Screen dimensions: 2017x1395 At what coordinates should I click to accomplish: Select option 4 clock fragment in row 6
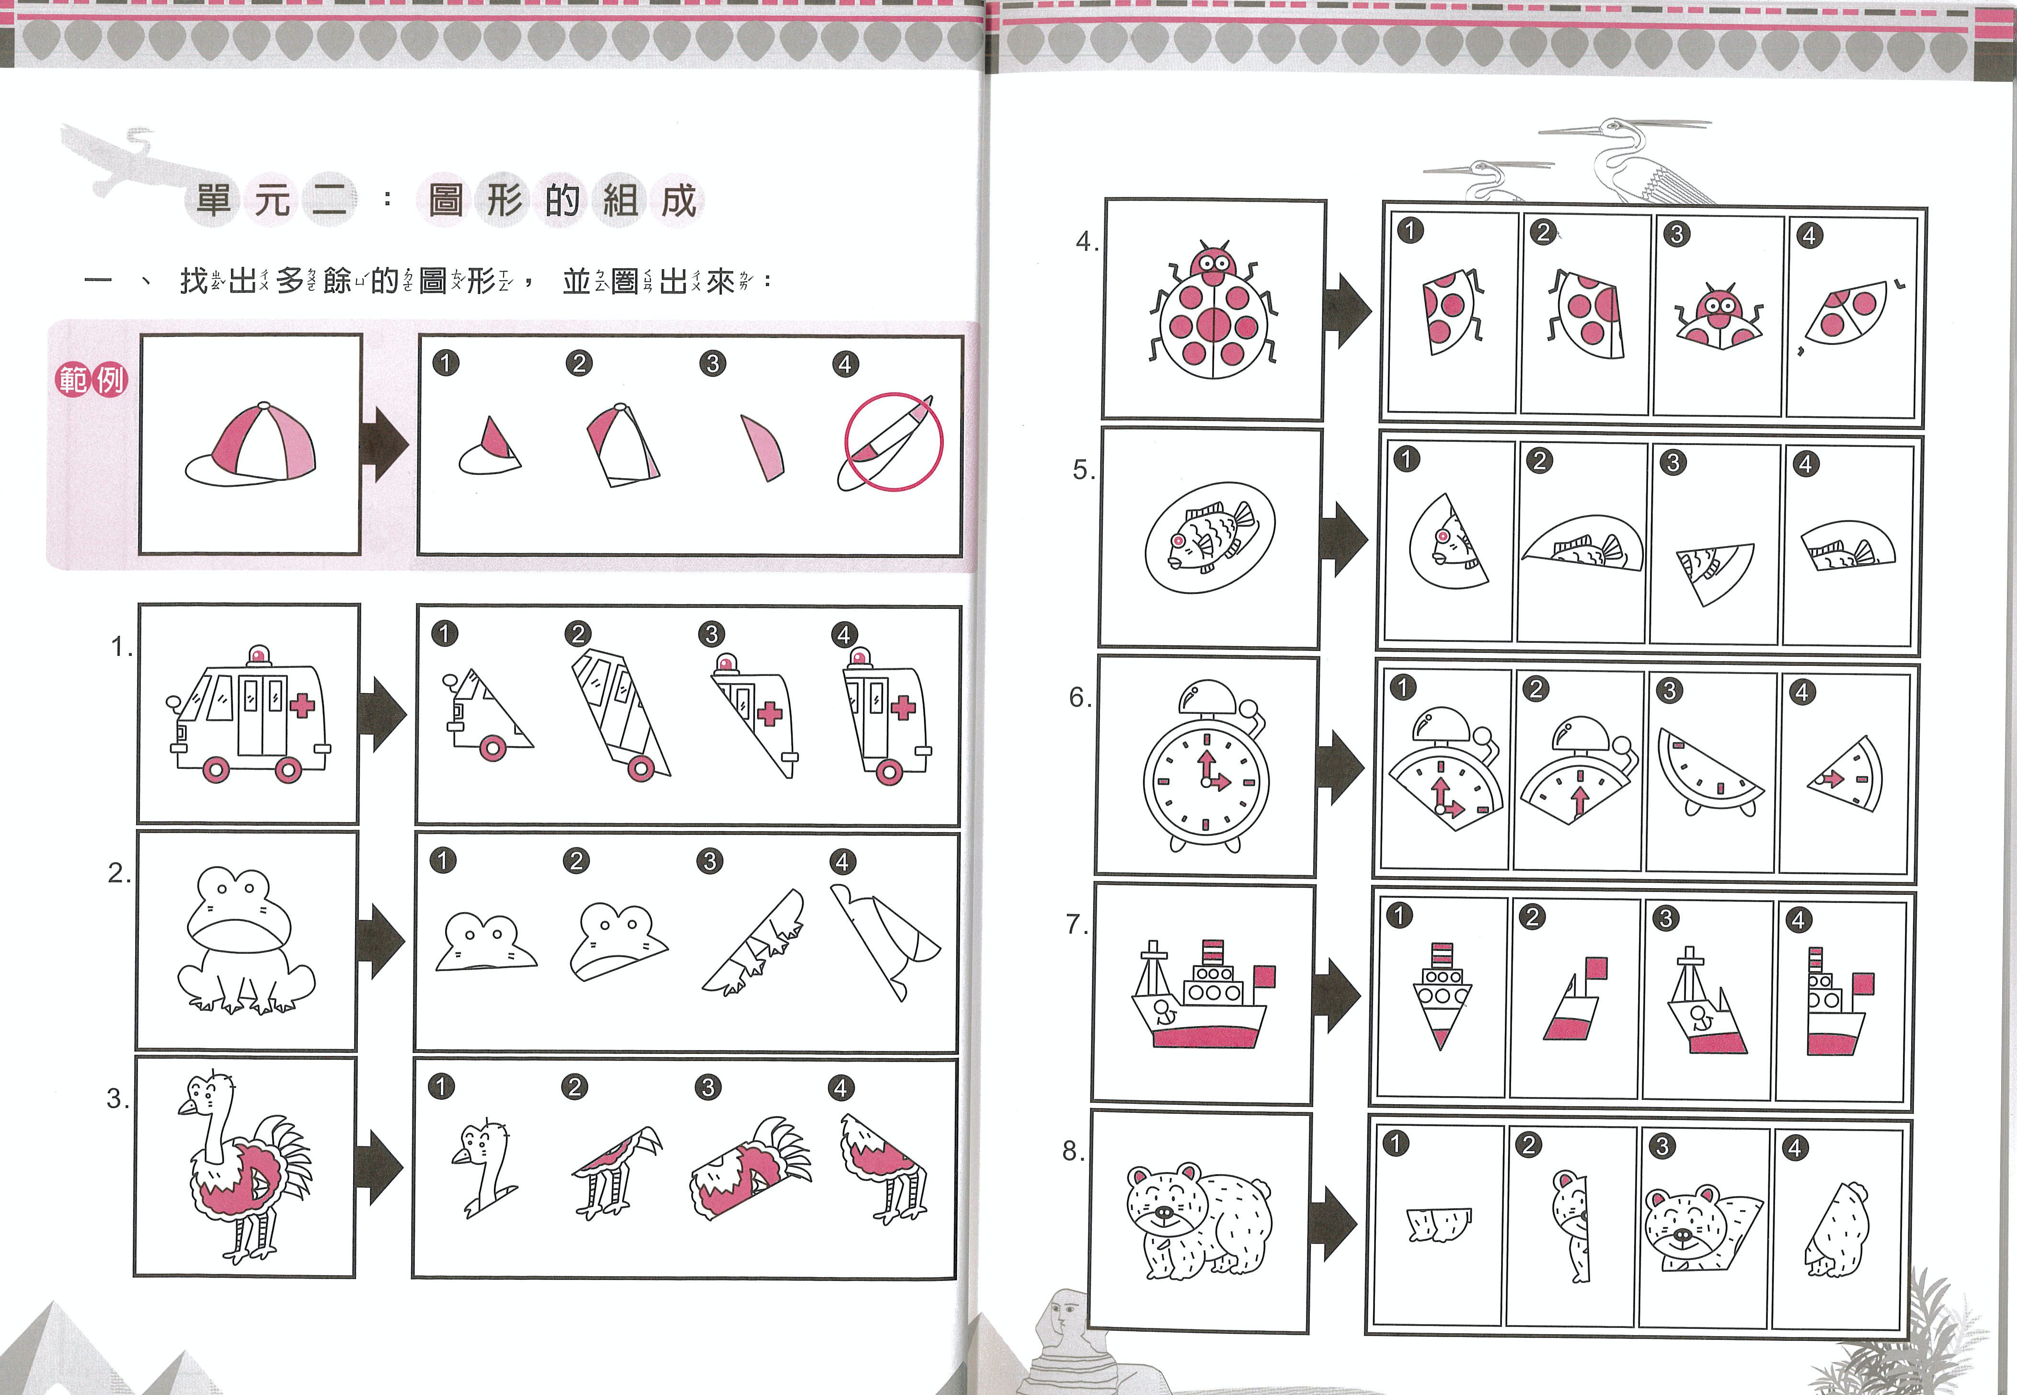tap(1845, 774)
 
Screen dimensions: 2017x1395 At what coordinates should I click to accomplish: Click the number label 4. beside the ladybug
tap(1086, 241)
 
